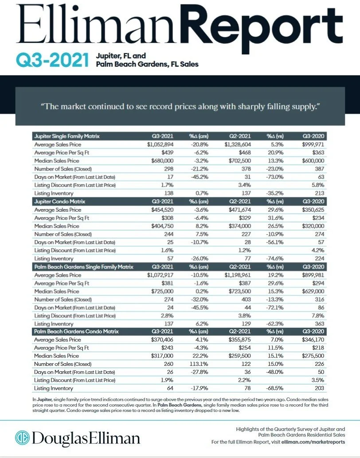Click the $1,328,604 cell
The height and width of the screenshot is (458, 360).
[x=239, y=144]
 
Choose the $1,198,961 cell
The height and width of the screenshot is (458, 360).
[x=239, y=275]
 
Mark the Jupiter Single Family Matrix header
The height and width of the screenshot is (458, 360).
[x=67, y=136]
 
